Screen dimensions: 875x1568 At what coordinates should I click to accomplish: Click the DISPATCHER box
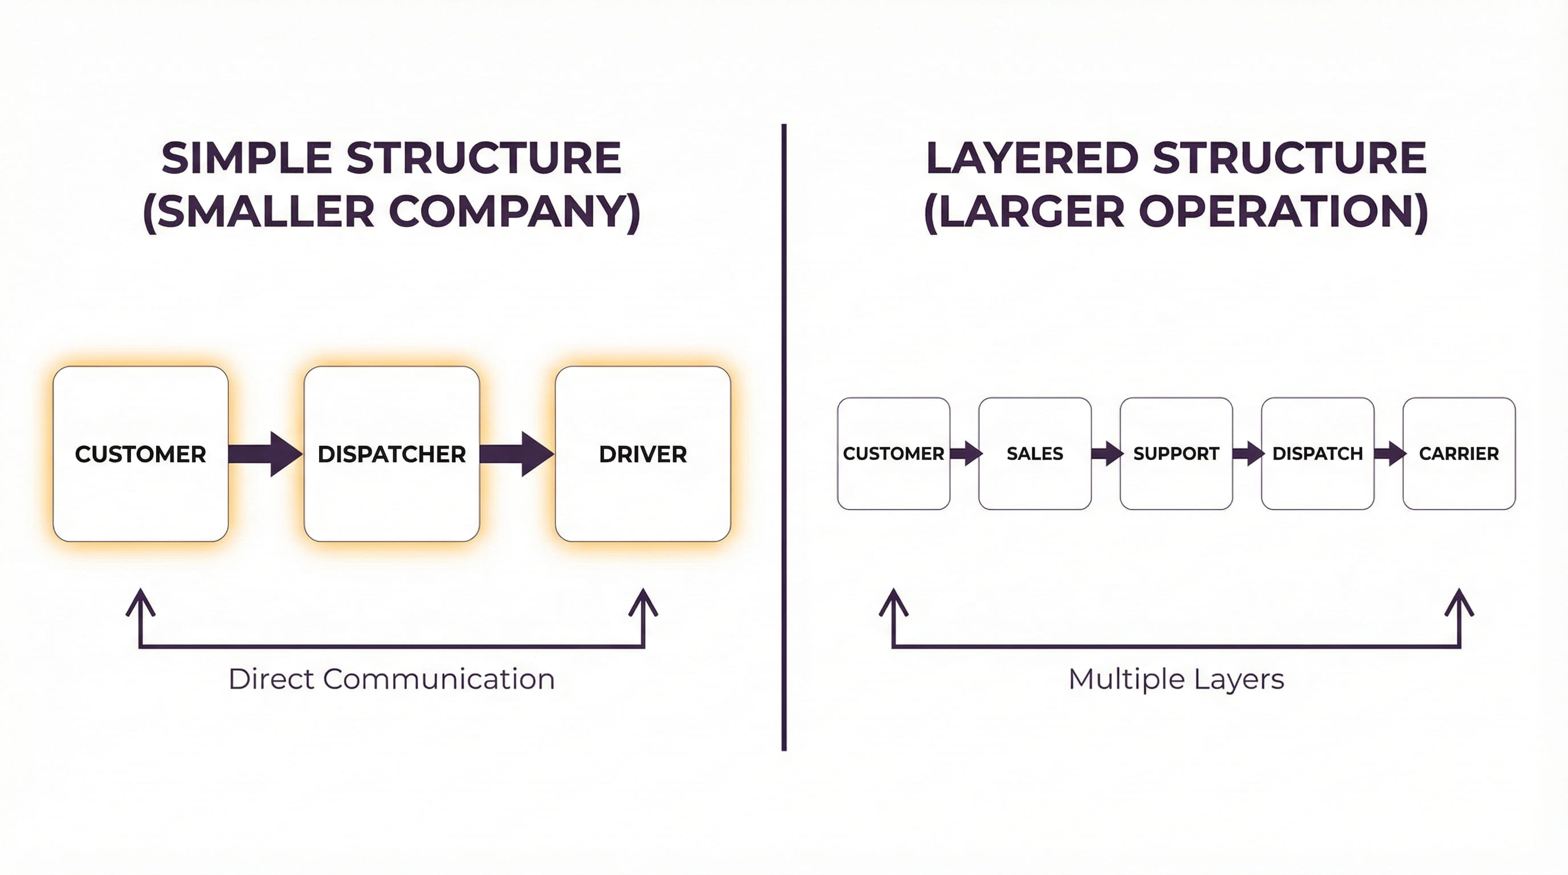pyautogui.click(x=391, y=453)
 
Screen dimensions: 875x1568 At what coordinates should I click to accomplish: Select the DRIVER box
pyautogui.click(x=643, y=453)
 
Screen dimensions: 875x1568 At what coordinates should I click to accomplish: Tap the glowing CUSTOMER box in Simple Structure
pyautogui.click(x=141, y=453)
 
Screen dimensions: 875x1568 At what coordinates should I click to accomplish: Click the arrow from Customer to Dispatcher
pyautogui.click(x=266, y=454)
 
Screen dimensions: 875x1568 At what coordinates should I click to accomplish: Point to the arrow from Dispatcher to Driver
pyautogui.click(x=517, y=454)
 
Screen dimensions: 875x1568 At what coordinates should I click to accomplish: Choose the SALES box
pyautogui.click(x=1035, y=453)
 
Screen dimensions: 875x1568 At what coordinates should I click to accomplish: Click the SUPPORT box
pyautogui.click(x=1176, y=453)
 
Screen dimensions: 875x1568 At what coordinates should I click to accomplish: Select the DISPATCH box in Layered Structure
pyautogui.click(x=1317, y=453)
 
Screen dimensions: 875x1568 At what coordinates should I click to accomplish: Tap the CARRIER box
pyautogui.click(x=1459, y=453)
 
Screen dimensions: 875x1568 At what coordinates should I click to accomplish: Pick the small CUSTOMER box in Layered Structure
pyautogui.click(x=893, y=453)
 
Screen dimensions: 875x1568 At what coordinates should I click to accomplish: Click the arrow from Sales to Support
pyautogui.click(x=1106, y=453)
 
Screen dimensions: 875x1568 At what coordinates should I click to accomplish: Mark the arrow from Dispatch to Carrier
pyautogui.click(x=1389, y=453)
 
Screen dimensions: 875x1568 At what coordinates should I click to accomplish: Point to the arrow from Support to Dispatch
pyautogui.click(x=1247, y=453)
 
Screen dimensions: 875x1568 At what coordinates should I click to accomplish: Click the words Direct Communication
pyautogui.click(x=391, y=679)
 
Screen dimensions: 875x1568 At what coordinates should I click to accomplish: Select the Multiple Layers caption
pyautogui.click(x=1176, y=679)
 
